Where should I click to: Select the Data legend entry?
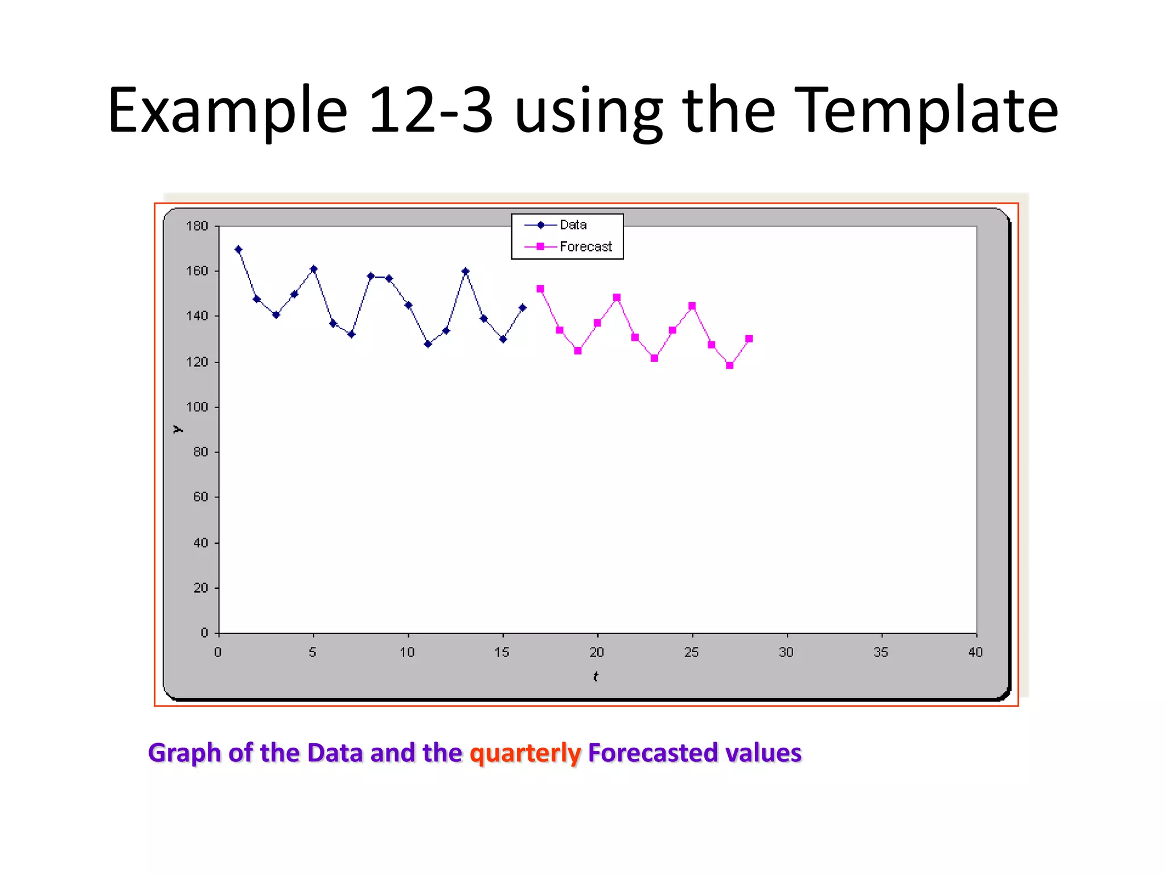[x=573, y=225]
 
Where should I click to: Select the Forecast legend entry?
[x=585, y=246]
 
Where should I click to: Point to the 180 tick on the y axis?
[x=197, y=226]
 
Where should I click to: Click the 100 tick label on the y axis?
[x=197, y=407]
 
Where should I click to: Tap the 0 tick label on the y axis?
[x=204, y=633]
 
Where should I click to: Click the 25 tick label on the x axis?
[x=691, y=652]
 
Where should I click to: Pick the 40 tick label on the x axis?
[x=975, y=652]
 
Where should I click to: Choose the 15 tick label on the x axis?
[x=502, y=652]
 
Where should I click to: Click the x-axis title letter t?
[x=596, y=677]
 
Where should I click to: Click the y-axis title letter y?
[x=178, y=429]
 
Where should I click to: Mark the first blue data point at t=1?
[x=239, y=249]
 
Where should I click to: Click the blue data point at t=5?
[x=314, y=269]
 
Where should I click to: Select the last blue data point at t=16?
[x=523, y=308]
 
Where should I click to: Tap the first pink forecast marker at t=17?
[x=540, y=289]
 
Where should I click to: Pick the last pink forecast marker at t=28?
[x=749, y=339]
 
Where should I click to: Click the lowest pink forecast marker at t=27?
[x=730, y=365]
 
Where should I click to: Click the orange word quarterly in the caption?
[x=525, y=753]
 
